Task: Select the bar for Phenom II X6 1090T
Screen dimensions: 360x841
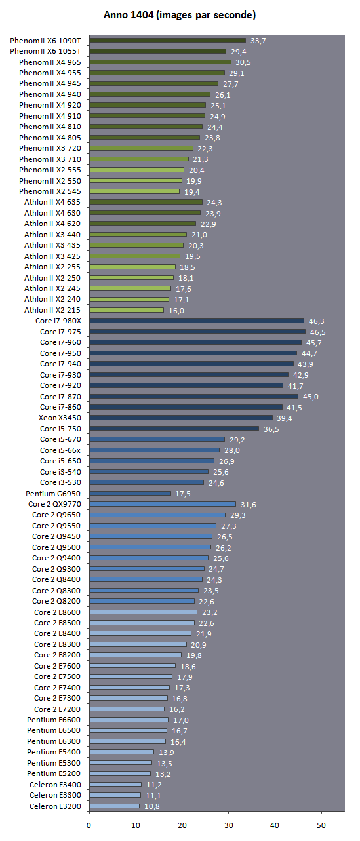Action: [167, 40]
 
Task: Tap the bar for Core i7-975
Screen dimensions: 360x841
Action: [197, 332]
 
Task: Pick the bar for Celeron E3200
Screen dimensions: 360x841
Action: [115, 806]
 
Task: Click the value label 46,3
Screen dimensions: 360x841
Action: [317, 321]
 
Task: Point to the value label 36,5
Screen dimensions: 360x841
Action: [271, 429]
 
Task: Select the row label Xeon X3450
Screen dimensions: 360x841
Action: [60, 418]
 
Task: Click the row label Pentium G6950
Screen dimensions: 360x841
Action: [53, 494]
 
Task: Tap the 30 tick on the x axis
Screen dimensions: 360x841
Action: [229, 825]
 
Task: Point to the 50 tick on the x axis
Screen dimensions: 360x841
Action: [321, 825]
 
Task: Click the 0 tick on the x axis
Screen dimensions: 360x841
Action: [89, 825]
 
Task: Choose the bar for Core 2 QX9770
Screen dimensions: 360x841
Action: [163, 504]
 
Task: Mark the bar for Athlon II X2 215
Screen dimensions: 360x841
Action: [127, 310]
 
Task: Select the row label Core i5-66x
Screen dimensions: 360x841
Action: [60, 450]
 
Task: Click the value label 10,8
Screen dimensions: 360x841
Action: [151, 806]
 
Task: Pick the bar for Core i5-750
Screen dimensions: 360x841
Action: [174, 429]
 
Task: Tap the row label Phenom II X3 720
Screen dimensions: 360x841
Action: [50, 148]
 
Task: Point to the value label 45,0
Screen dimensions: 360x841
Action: [310, 397]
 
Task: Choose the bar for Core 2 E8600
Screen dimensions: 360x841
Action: [143, 612]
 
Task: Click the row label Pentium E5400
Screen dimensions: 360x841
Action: [54, 752]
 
